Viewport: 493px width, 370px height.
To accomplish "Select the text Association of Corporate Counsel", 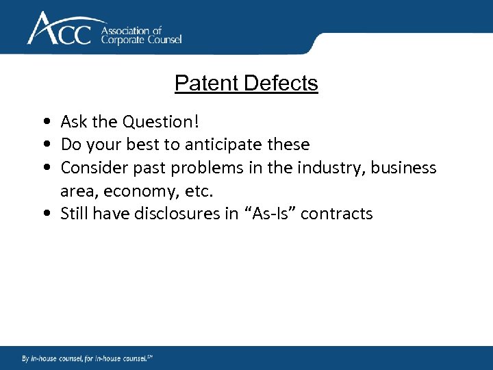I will [142, 35].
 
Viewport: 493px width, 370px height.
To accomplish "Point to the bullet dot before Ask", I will [45, 122].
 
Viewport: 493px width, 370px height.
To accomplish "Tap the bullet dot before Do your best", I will [45, 145].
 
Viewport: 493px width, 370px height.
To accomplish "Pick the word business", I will [404, 168].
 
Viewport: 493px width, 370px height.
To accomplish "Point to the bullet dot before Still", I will [45, 214].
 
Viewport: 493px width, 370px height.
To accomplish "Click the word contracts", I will [337, 214].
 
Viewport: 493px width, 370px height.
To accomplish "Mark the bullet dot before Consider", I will [45, 168].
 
